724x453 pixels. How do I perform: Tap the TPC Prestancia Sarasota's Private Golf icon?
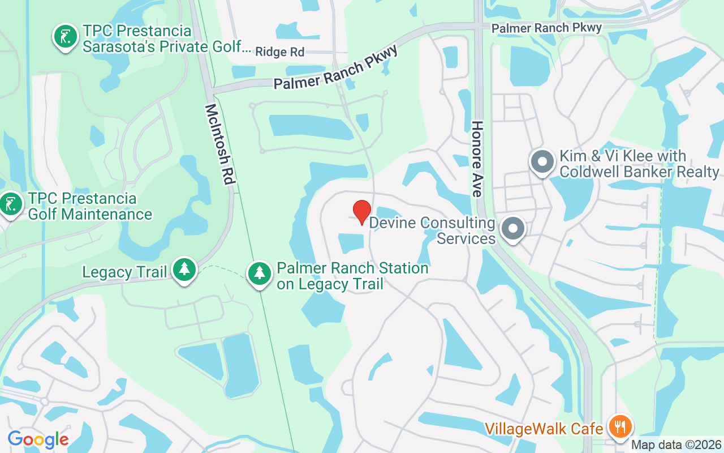66,36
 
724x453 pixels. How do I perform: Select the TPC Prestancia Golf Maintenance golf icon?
10,204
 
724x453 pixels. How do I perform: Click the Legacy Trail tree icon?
184,270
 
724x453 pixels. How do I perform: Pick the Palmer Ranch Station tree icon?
260,274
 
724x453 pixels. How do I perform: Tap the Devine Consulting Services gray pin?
514,229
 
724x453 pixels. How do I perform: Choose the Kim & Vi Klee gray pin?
542,161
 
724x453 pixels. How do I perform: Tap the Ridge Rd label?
279,52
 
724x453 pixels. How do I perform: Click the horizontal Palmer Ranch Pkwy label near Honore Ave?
546,27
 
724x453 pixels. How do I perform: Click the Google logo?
38,439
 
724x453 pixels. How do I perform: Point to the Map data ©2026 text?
676,445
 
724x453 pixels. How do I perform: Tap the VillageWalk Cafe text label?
544,429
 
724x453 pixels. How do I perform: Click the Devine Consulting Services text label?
433,230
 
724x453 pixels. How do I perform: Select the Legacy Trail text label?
124,272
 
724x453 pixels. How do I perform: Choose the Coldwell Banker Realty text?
639,172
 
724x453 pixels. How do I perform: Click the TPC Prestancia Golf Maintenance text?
90,207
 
